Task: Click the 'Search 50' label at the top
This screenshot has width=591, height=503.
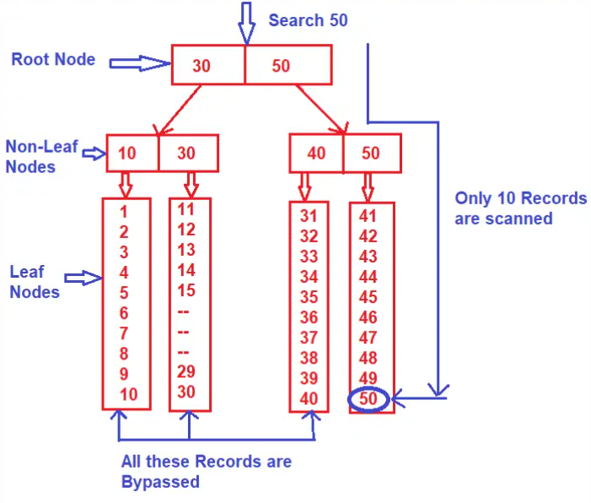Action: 308,19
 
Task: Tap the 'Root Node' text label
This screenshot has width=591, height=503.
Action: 52,60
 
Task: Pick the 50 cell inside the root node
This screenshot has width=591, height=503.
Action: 281,66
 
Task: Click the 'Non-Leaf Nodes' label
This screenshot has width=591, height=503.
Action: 41,157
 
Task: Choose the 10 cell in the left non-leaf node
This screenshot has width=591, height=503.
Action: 127,154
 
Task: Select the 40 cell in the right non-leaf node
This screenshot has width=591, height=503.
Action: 316,154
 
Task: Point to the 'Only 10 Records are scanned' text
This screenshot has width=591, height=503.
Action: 520,208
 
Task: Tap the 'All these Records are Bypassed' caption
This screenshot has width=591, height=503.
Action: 206,472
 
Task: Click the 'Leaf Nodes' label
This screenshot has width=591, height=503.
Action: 34,282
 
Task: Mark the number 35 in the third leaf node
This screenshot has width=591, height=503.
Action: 309,297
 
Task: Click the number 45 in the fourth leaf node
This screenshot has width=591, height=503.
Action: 368,297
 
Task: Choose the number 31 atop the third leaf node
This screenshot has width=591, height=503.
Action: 309,216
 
